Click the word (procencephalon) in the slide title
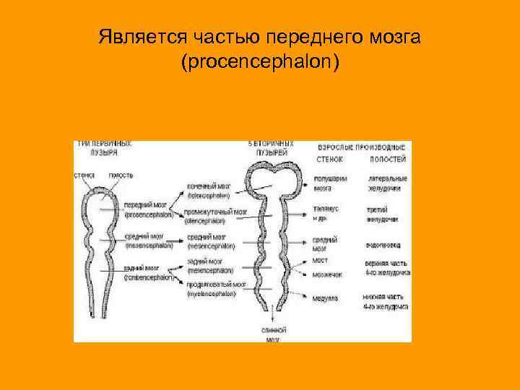[x=260, y=63]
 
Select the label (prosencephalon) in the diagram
[x=149, y=214]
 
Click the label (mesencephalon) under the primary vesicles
[x=148, y=246]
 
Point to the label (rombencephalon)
[x=149, y=277]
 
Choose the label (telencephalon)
[x=209, y=195]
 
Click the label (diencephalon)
[x=209, y=222]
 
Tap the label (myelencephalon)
[x=209, y=295]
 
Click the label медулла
[x=325, y=298]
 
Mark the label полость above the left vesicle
[x=121, y=175]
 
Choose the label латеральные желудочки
[x=388, y=183]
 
